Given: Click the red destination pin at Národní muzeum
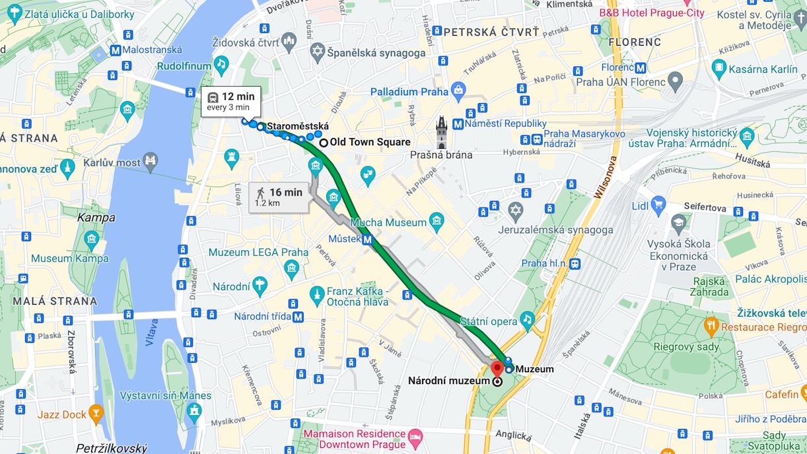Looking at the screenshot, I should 497,369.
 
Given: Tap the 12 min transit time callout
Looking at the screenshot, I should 230,101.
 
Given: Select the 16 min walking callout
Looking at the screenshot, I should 279,197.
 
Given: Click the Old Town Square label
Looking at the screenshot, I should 370,142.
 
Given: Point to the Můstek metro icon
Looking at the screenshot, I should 367,240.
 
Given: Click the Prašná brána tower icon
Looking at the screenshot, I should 441,133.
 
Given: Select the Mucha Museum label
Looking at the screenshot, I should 388,223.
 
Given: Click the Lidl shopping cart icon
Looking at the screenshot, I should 658,204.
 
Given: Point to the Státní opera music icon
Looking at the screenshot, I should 526,319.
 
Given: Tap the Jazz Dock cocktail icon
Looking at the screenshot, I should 96,414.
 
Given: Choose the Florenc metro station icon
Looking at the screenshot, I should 640,67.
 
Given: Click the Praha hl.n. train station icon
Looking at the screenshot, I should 575,263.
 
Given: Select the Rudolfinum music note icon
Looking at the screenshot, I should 221,64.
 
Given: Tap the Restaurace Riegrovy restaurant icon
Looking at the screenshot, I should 711,324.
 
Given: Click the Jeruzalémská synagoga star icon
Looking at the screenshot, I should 516,211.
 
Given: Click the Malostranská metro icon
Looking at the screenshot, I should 115,50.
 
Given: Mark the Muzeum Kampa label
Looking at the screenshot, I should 69,258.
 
